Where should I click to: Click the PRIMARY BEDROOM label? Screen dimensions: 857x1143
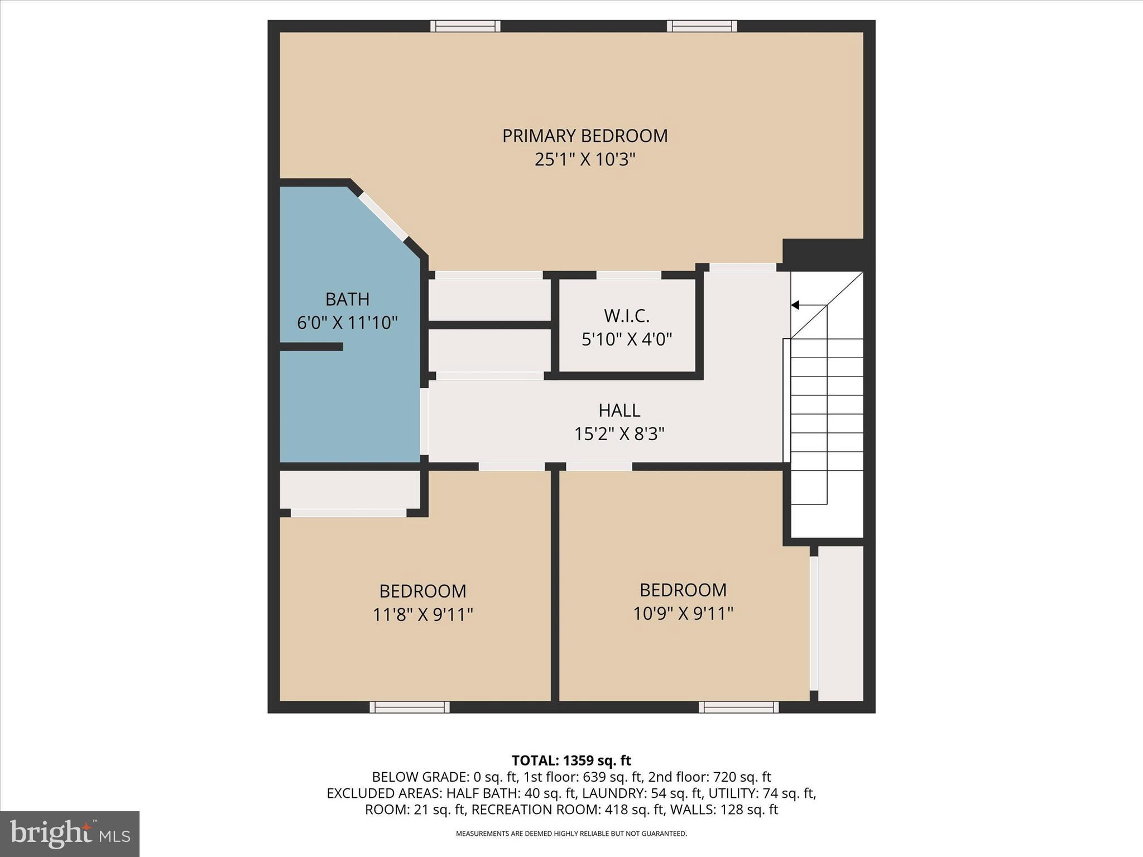(584, 136)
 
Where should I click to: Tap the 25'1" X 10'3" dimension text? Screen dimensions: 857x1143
(584, 160)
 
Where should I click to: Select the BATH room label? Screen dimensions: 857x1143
(347, 299)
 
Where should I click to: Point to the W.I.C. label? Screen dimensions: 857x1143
(627, 316)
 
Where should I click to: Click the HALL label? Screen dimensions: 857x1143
(619, 410)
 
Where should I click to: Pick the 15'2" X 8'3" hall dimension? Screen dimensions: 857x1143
(619, 434)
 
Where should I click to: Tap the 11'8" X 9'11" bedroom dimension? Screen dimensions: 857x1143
(422, 615)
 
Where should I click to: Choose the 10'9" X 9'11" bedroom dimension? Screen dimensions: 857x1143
(683, 614)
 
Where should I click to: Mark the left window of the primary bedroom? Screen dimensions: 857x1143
(465, 26)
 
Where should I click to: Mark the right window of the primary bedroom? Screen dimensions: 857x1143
(702, 26)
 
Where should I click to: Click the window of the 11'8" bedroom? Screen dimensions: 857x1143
(409, 707)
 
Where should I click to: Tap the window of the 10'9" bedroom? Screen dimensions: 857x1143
(738, 707)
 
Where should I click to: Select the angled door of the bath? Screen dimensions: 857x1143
(383, 216)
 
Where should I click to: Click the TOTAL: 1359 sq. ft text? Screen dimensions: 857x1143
(571, 760)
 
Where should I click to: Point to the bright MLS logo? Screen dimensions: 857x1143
(70, 834)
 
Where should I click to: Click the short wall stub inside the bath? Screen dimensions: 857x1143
(311, 347)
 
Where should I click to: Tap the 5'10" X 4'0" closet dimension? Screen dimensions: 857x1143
(627, 339)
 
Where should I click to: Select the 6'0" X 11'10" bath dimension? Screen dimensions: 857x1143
(347, 322)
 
